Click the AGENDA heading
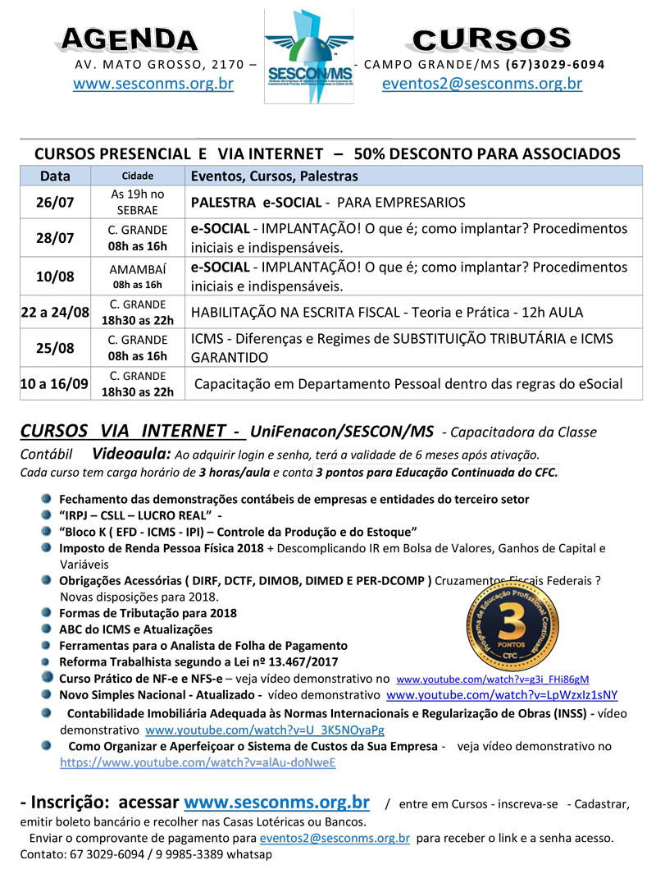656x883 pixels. click(130, 39)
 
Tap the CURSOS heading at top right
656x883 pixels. click(491, 39)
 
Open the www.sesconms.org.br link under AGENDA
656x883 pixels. click(153, 84)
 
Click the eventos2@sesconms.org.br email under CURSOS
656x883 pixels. click(482, 84)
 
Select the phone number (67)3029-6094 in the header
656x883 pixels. click(555, 64)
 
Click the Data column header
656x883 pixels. click(55, 176)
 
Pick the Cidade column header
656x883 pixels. click(138, 176)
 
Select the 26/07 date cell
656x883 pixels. click(55, 203)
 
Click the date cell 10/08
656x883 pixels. click(55, 277)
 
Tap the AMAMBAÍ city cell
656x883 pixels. click(138, 270)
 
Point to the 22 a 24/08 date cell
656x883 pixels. click(55, 312)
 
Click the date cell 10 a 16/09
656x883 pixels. click(55, 383)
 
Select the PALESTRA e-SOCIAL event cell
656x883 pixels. click(328, 203)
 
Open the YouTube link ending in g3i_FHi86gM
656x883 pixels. click(492, 679)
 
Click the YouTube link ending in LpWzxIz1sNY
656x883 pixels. click(502, 695)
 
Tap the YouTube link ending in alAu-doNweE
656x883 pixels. click(198, 762)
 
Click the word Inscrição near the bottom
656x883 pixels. click(72, 801)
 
